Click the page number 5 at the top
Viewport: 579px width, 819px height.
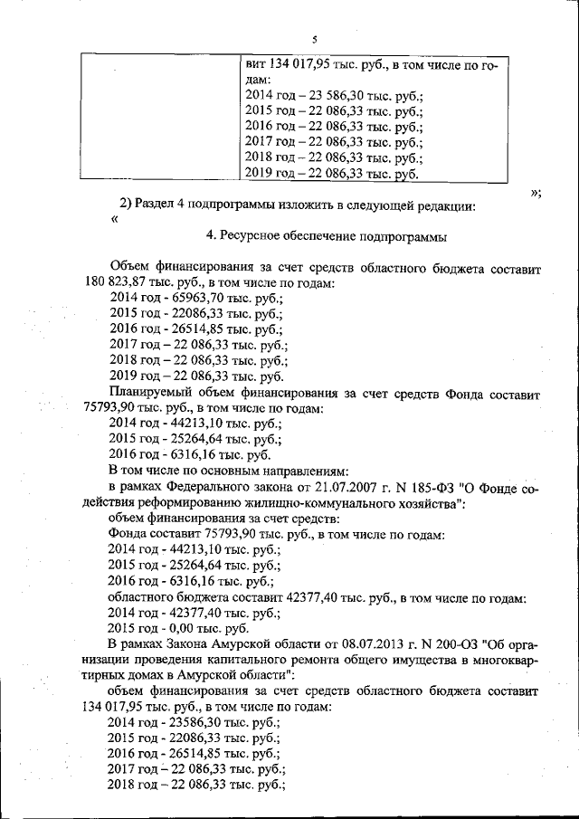click(313, 40)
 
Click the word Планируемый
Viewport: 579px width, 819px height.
click(147, 395)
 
